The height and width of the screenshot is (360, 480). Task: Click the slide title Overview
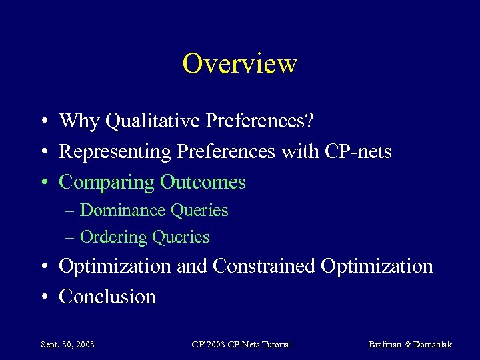(x=239, y=64)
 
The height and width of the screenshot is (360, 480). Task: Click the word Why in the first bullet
(x=79, y=121)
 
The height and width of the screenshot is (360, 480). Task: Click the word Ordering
(x=113, y=237)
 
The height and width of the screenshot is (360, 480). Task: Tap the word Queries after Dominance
(x=199, y=211)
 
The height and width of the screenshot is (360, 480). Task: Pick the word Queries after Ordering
(x=181, y=237)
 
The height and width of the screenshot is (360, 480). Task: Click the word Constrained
(x=264, y=266)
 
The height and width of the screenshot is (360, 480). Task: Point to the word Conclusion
(x=107, y=297)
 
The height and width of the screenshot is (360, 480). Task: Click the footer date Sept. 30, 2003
(x=67, y=345)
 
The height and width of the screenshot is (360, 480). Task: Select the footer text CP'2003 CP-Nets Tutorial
(x=241, y=345)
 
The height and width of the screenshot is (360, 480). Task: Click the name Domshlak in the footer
(x=432, y=345)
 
